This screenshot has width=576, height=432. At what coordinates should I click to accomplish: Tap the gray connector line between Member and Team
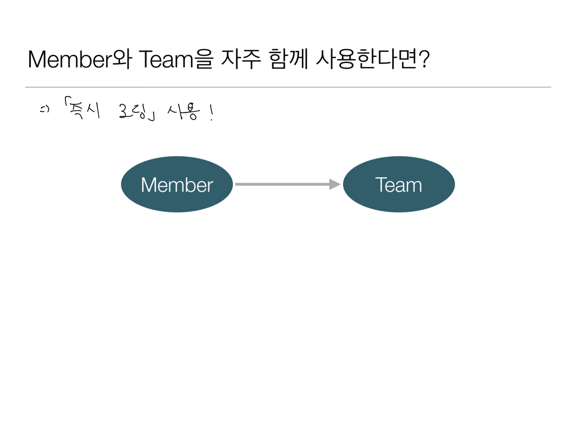281,184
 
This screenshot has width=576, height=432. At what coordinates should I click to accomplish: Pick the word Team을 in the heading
176,59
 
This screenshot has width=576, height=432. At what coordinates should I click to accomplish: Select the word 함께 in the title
288,59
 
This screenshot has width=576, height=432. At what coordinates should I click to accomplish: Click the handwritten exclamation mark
211,112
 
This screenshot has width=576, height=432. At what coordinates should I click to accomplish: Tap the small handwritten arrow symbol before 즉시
44,109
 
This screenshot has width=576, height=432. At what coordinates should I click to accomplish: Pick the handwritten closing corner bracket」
152,117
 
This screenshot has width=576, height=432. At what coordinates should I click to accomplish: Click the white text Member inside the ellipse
177,185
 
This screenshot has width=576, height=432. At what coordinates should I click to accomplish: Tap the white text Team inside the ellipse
399,185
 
